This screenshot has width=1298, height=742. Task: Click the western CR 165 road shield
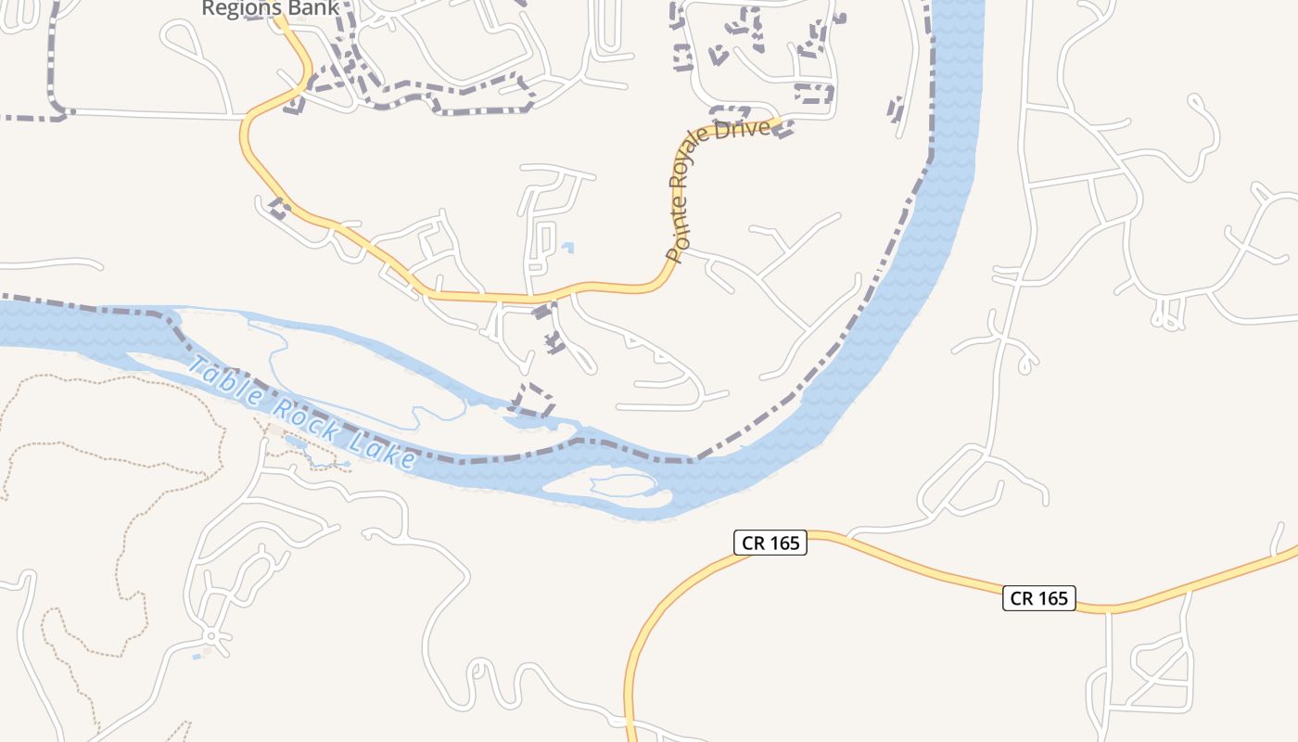point(770,543)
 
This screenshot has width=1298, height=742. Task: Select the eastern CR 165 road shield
point(1038,598)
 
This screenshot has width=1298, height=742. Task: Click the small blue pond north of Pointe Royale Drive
point(567,247)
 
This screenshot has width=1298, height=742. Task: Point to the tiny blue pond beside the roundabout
point(197,657)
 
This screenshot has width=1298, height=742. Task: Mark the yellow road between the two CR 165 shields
point(909,560)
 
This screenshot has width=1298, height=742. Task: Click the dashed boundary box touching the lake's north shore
point(533,400)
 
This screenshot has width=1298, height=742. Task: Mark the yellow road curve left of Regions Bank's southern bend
point(246,139)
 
